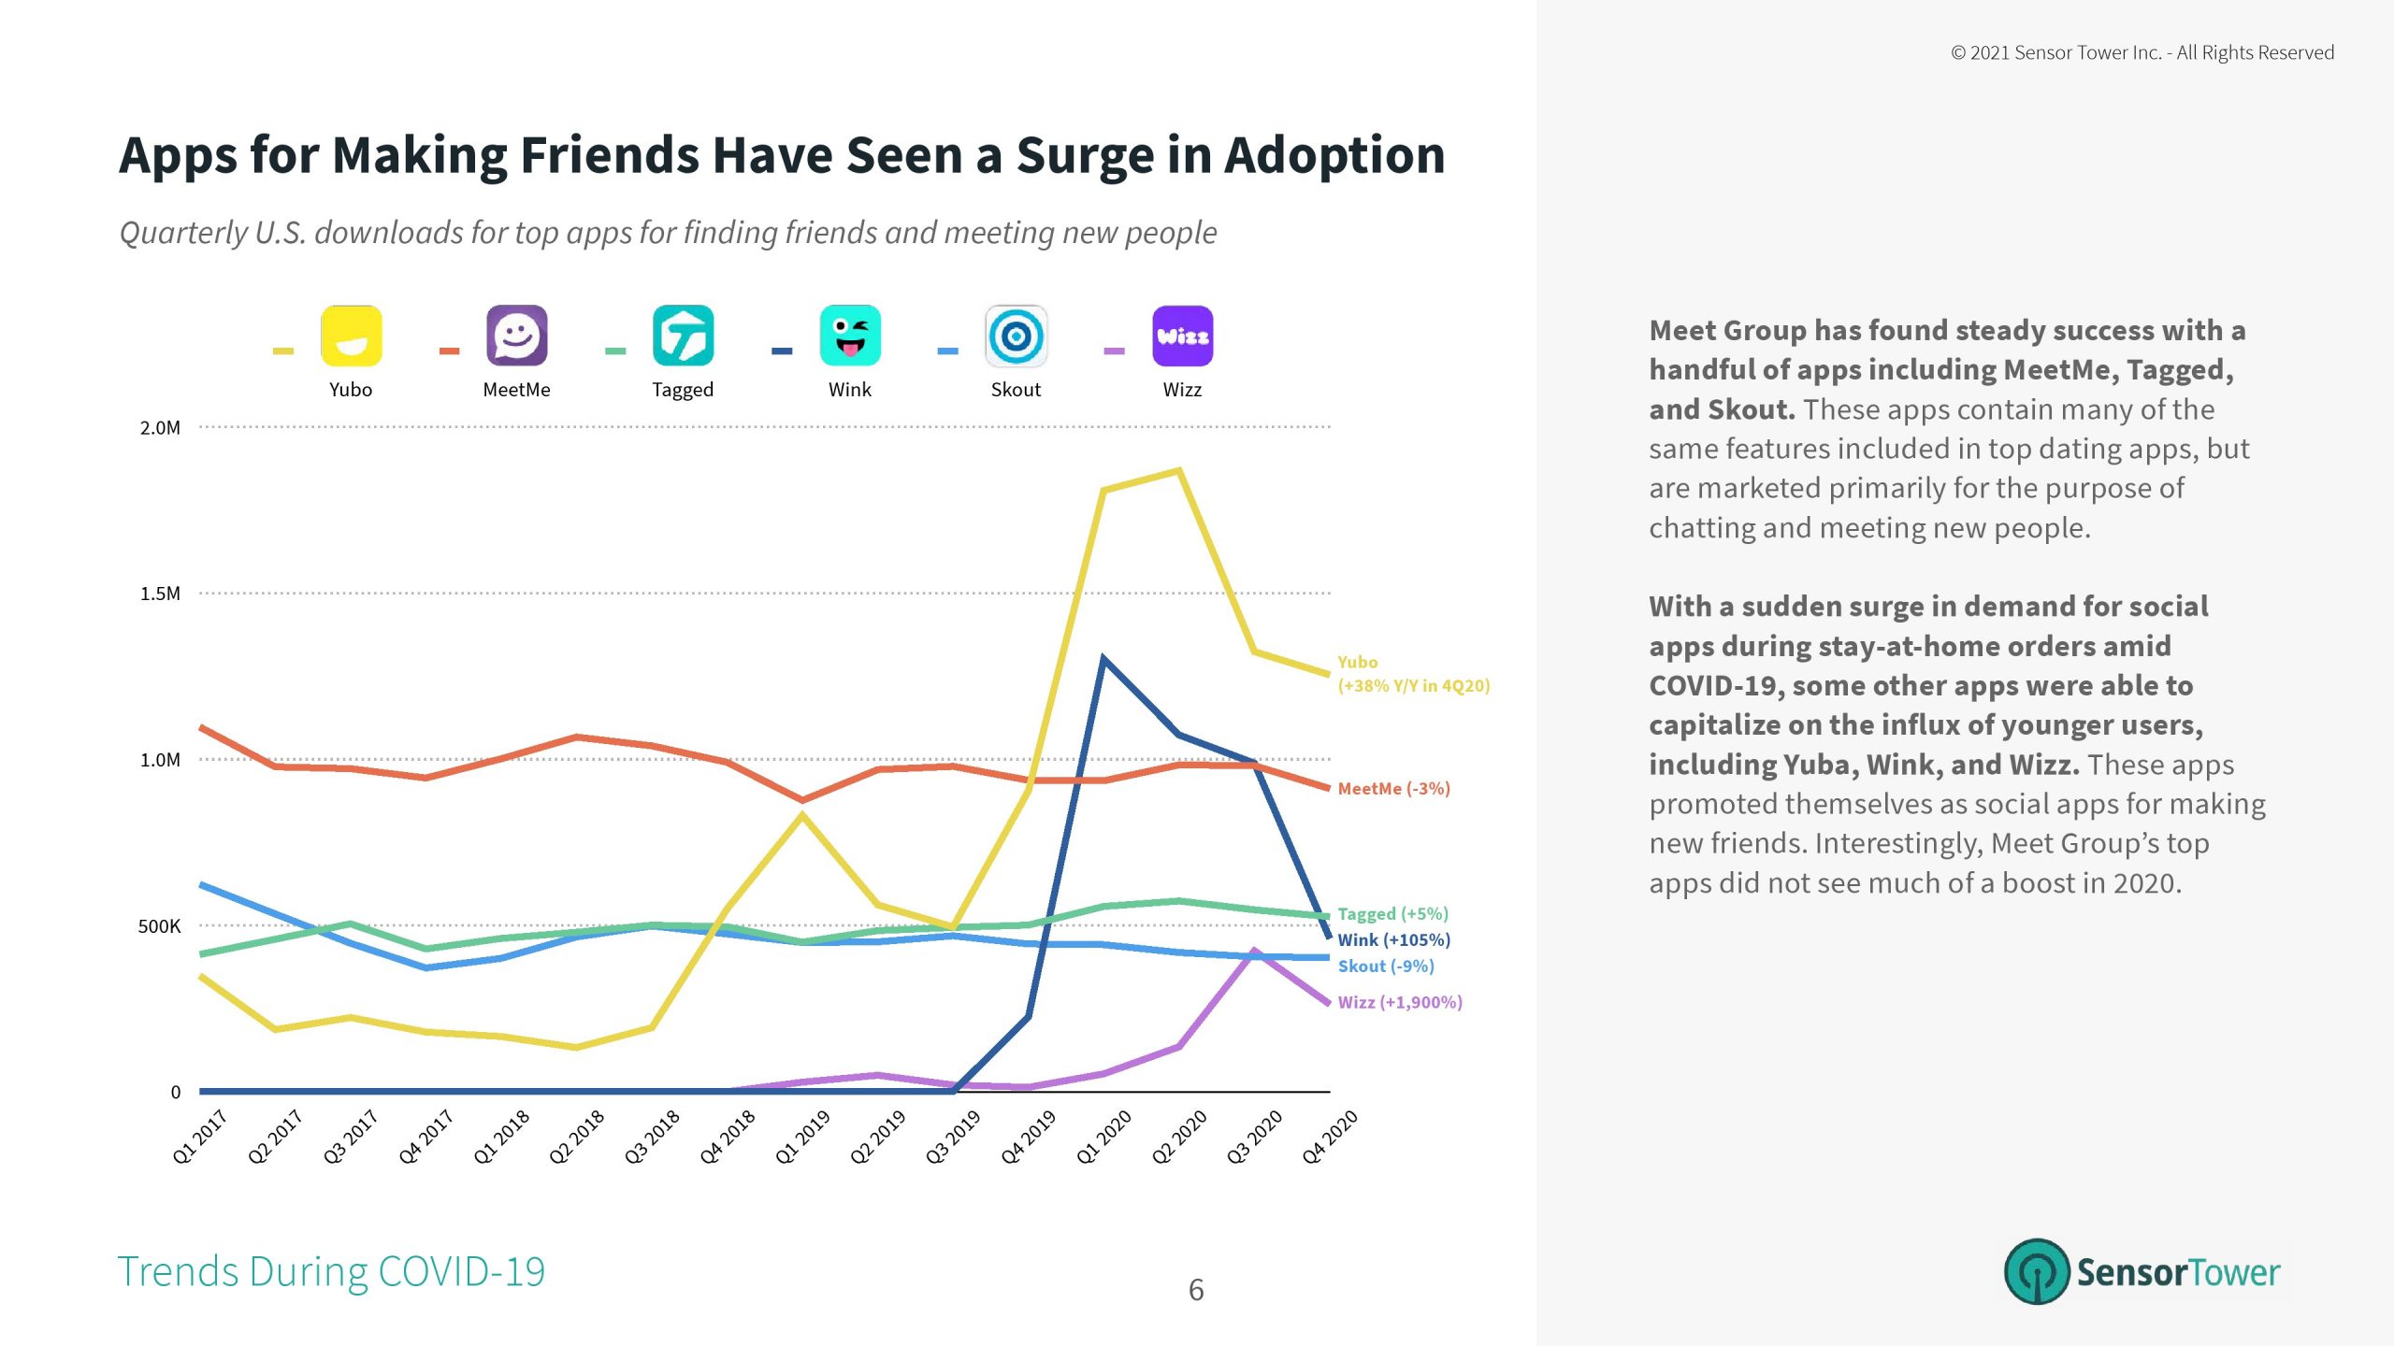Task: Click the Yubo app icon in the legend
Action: (351, 336)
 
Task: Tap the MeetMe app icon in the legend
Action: (516, 336)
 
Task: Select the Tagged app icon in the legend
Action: (683, 336)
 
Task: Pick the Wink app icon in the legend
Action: (850, 336)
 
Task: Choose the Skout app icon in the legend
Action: (1016, 336)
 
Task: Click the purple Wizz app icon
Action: (1182, 336)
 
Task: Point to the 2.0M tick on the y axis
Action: (160, 428)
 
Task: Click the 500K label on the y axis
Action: (159, 926)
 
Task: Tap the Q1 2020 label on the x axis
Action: (1104, 1137)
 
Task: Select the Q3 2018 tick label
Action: (653, 1137)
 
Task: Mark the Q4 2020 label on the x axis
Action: (1330, 1137)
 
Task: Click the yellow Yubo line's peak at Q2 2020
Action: (1179, 470)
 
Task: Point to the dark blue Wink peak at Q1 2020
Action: (1103, 659)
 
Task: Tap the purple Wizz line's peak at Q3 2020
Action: (1254, 952)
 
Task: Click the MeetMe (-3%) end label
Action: (1393, 789)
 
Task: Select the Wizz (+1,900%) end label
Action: (1399, 1002)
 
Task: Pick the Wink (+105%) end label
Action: (1393, 940)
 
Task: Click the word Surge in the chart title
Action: (1084, 156)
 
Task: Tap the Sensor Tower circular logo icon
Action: (2037, 1271)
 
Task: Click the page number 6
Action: (1196, 1290)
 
